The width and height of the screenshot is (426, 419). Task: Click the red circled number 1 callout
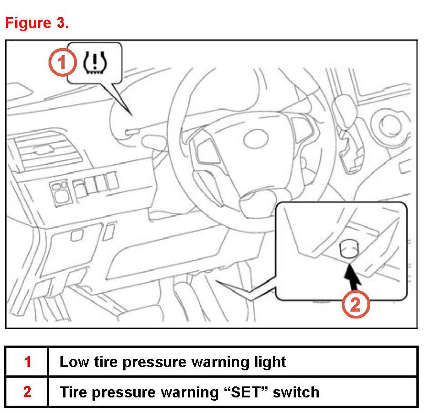(x=62, y=63)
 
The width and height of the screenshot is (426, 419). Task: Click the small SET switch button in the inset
(x=348, y=250)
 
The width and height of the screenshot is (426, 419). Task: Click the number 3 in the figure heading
(x=63, y=23)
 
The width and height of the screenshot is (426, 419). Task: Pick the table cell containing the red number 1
(x=27, y=362)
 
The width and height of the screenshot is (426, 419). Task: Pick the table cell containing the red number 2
(x=27, y=392)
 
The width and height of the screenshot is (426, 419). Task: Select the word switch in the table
(x=298, y=392)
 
